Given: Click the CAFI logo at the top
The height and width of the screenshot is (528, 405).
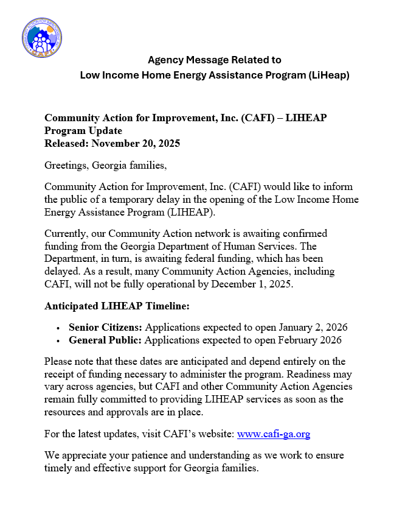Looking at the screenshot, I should pyautogui.click(x=41, y=38).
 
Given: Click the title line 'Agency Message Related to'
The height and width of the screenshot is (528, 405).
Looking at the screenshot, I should pyautogui.click(x=215, y=60).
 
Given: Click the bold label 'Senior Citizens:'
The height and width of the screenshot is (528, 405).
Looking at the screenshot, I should pyautogui.click(x=105, y=327).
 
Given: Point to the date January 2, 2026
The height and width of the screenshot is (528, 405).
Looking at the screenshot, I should pyautogui.click(x=311, y=327).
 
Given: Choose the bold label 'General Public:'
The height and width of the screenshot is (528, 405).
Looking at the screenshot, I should pyautogui.click(x=105, y=340).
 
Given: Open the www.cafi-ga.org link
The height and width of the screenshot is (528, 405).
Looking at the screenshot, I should pyautogui.click(x=274, y=434).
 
